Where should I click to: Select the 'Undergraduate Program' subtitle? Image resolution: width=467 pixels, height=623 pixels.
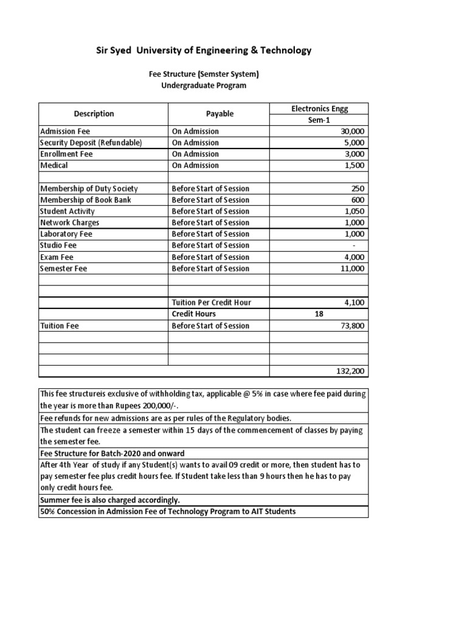(x=204, y=86)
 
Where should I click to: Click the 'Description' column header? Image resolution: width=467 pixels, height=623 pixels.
(x=94, y=114)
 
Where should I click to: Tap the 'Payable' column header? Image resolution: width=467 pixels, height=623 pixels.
(x=219, y=114)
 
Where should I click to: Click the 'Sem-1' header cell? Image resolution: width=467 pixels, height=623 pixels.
(x=319, y=120)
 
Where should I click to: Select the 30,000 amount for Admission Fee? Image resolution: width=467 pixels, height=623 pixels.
(x=353, y=131)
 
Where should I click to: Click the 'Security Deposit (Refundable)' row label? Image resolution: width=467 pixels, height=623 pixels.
(x=91, y=142)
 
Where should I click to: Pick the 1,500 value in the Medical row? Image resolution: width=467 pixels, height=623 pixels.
(x=355, y=165)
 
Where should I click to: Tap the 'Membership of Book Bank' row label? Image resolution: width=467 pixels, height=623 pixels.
(x=85, y=200)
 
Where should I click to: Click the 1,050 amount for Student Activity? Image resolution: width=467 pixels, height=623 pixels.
(x=355, y=211)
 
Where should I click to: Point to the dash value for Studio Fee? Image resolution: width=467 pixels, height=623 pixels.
(x=362, y=245)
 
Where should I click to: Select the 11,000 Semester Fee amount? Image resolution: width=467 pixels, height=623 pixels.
(x=353, y=268)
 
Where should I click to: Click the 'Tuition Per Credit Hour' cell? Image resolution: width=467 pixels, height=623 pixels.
(x=211, y=302)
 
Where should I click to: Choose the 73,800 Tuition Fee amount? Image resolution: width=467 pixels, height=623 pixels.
(x=353, y=325)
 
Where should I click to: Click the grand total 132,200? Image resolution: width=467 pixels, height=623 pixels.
(x=351, y=371)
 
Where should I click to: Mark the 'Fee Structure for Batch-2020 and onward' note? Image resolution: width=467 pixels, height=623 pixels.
(x=112, y=454)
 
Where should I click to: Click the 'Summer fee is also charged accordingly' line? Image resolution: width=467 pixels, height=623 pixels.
(x=109, y=500)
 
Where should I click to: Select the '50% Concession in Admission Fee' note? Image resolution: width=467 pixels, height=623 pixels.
(x=167, y=512)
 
